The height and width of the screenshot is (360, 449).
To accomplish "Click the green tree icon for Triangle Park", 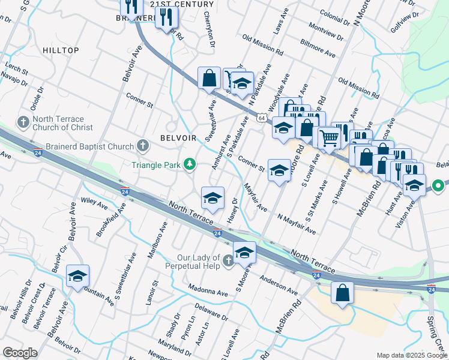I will pyautogui.click(x=190, y=164).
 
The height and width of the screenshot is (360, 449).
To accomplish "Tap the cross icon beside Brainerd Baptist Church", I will pyautogui.click(x=143, y=146).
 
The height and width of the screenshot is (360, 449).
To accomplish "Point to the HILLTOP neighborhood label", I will pyautogui.click(x=60, y=52).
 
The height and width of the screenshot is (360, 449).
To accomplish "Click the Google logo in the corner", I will pyautogui.click(x=20, y=353).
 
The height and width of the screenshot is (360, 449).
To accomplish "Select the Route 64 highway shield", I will pyautogui.click(x=262, y=118).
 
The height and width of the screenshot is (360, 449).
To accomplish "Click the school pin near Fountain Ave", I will pyautogui.click(x=77, y=277).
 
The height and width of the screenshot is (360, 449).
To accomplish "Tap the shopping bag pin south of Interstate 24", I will pyautogui.click(x=342, y=293).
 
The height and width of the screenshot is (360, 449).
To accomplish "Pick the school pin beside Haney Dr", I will pyautogui.click(x=212, y=199).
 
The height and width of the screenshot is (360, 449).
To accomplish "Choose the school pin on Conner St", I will pyautogui.click(x=279, y=170).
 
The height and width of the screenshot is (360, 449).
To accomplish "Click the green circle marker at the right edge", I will pyautogui.click(x=438, y=187).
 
